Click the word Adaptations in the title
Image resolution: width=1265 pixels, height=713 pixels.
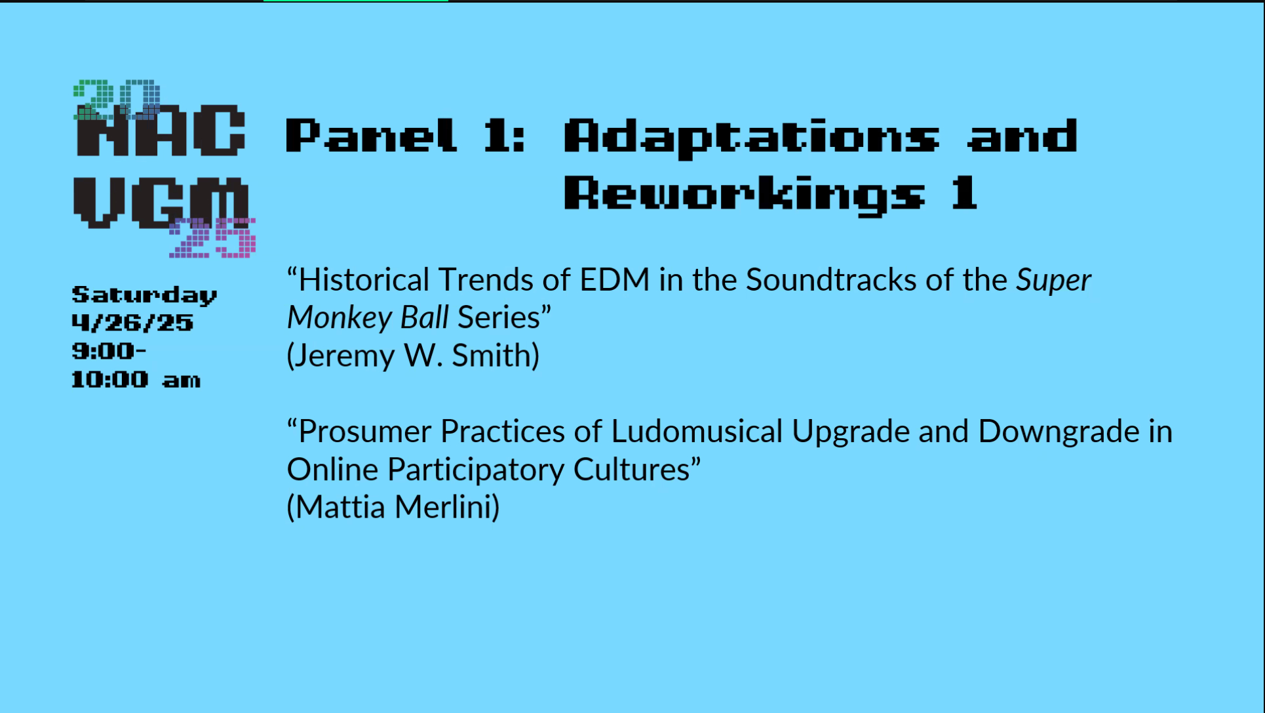pos(752,138)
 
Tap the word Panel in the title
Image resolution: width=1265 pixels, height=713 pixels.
pos(371,136)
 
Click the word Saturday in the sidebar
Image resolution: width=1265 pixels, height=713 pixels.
pos(144,296)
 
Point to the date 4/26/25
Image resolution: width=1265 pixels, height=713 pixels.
pos(132,323)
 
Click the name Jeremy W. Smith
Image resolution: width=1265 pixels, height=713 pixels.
pos(413,356)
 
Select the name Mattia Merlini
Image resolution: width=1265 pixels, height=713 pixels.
pos(393,507)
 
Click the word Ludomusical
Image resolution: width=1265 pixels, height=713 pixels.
pos(697,432)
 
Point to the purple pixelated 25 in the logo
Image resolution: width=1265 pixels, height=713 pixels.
pos(212,237)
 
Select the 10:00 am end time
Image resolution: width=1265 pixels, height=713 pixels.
pos(136,379)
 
